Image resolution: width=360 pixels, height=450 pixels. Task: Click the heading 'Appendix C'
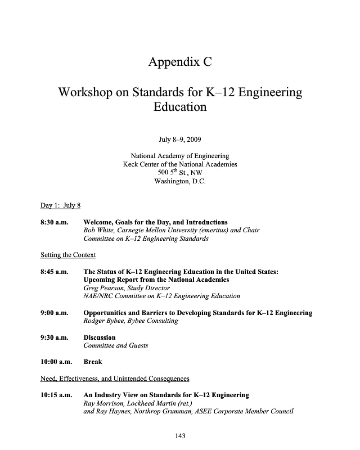click(180, 62)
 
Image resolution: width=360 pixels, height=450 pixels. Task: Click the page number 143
click(180, 436)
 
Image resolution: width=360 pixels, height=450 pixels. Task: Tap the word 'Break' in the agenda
click(93, 362)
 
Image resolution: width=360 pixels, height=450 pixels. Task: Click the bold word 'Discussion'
click(100, 337)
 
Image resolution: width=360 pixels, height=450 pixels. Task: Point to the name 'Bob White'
click(98, 231)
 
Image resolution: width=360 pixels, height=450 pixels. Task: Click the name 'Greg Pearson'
click(103, 288)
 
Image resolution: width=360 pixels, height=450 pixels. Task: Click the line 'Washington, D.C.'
click(180, 182)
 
